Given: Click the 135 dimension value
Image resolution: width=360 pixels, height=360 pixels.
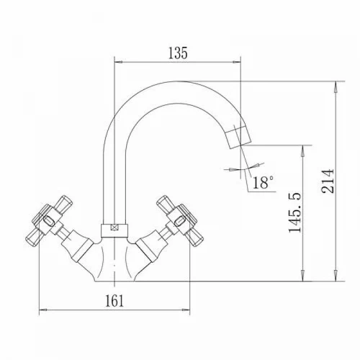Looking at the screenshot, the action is click(178, 53).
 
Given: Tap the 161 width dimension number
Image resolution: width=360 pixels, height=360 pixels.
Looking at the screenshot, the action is click(114, 300).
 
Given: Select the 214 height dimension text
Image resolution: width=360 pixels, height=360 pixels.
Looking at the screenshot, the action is click(328, 181).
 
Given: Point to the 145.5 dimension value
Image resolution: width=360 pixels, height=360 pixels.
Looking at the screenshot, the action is click(294, 212).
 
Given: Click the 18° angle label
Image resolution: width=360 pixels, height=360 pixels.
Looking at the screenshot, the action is click(263, 182).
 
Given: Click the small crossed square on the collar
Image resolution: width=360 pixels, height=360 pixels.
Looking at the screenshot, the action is click(114, 227).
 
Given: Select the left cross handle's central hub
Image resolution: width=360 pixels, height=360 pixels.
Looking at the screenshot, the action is click(49, 220).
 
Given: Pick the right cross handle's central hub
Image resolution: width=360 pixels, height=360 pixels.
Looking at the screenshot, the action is click(180, 220).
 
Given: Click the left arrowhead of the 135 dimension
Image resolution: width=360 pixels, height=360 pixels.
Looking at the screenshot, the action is click(119, 62).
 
